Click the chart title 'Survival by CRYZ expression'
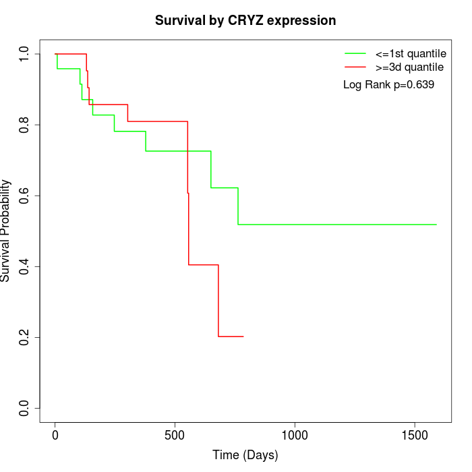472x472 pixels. (245, 20)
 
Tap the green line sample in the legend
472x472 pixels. (355, 53)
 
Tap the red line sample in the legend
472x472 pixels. (355, 67)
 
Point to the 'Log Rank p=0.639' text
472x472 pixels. (388, 85)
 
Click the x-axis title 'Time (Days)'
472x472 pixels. (245, 455)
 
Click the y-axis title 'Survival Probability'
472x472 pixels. (6, 231)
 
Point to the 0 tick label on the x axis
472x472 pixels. (55, 436)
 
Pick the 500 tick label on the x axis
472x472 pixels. (175, 436)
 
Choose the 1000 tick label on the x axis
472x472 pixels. (295, 436)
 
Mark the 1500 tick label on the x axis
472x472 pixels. (414, 436)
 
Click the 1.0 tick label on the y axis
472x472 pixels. (25, 54)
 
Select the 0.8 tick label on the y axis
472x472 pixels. (25, 125)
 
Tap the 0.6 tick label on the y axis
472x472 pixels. (25, 196)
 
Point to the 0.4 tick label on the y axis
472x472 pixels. (25, 266)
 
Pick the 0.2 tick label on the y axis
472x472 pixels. (25, 337)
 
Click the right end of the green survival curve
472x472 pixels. (436, 225)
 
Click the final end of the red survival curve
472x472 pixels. (243, 336)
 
